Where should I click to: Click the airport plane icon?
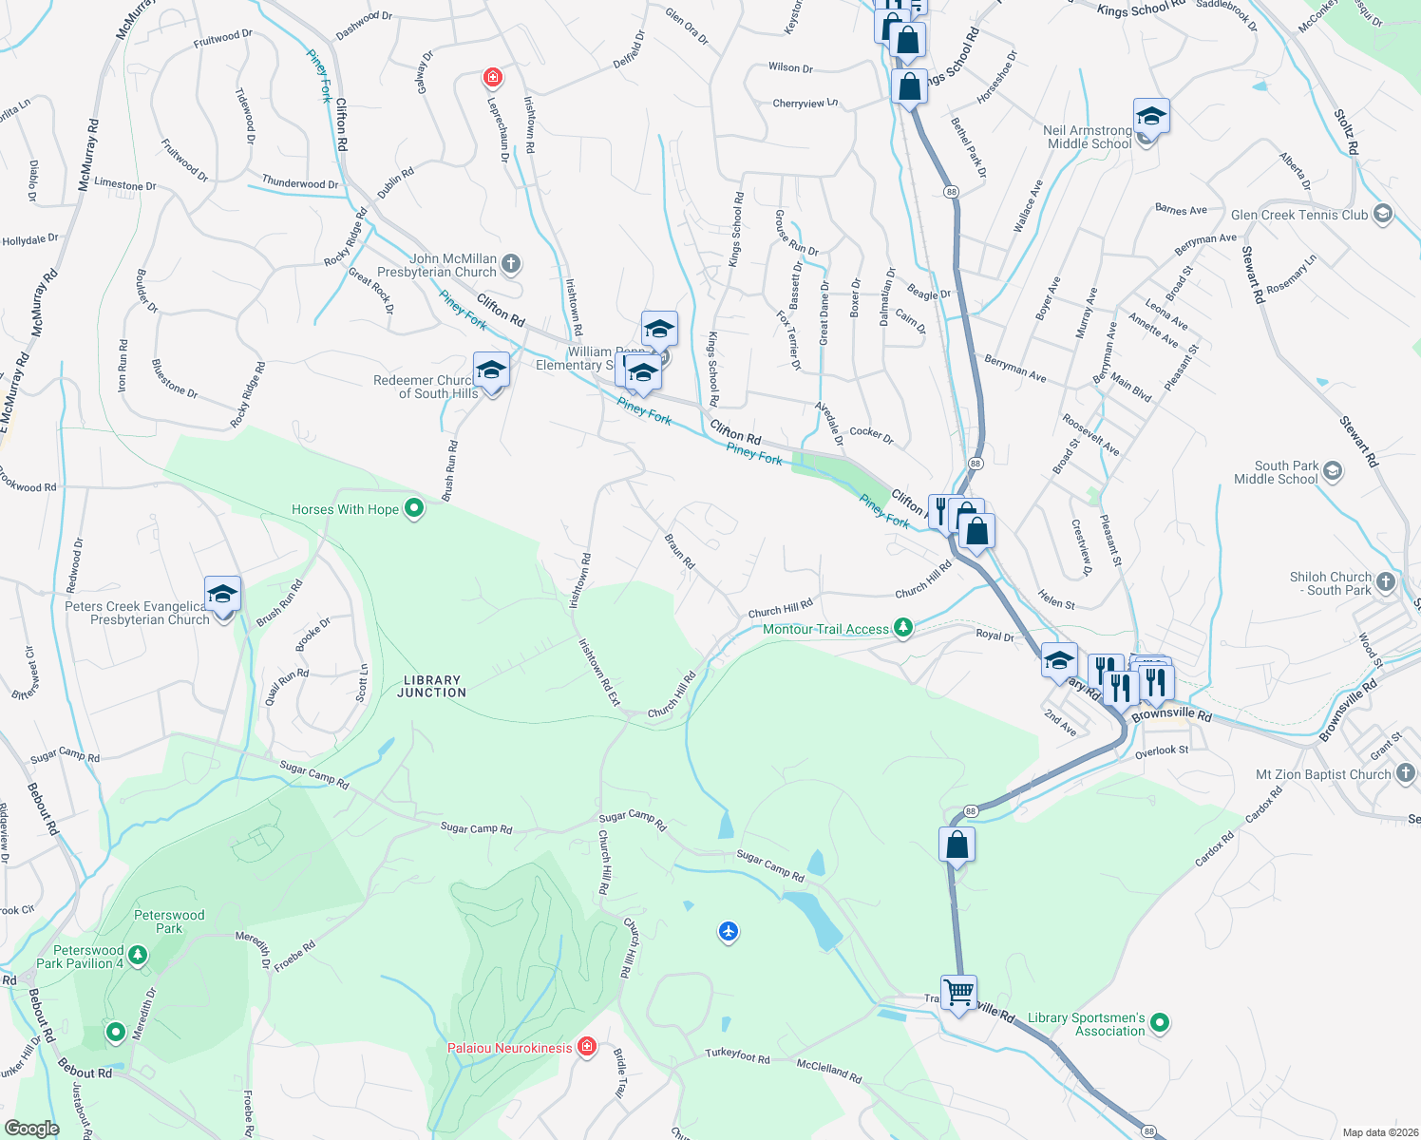click(x=729, y=931)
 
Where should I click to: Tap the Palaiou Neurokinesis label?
click(x=510, y=1048)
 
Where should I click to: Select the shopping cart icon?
click(x=958, y=994)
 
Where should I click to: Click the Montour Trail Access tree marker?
click(x=903, y=628)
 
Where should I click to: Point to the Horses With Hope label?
click(x=345, y=509)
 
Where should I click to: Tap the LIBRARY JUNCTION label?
click(x=432, y=687)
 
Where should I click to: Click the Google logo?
click(x=31, y=1128)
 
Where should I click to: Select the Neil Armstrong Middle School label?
click(x=1088, y=137)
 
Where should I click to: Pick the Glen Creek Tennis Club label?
click(x=1299, y=215)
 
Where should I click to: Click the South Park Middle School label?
click(x=1276, y=472)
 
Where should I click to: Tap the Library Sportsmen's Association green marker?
click(x=1159, y=1023)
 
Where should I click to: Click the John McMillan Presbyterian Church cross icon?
click(x=511, y=263)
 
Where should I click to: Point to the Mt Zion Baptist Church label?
click(x=1323, y=774)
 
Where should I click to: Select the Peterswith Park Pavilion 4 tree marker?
click(x=138, y=955)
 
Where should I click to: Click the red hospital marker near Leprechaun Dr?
click(x=492, y=77)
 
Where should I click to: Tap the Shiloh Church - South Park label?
click(x=1331, y=583)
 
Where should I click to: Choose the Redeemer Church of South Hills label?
click(x=425, y=387)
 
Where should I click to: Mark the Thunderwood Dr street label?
click(x=300, y=183)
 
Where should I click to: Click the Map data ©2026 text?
click(x=1379, y=1132)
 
